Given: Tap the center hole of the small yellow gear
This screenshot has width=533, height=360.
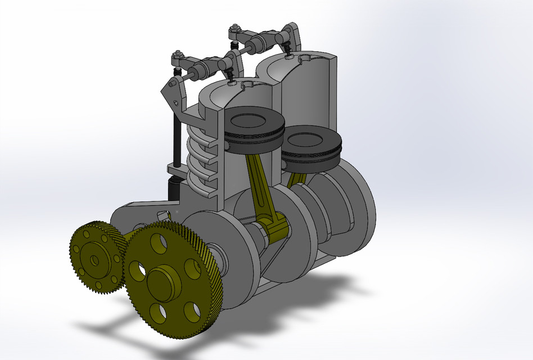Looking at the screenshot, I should (93, 260).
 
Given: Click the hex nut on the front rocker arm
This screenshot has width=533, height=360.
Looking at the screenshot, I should (178, 55).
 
